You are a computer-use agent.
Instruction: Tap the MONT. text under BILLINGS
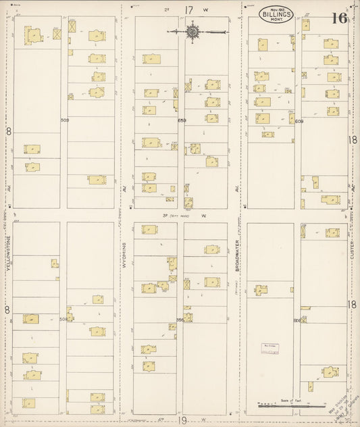[x=278, y=21]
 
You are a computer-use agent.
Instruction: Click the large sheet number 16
[x=338, y=18]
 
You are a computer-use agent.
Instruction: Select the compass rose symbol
[x=193, y=30]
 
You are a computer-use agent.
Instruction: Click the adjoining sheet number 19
[x=182, y=420]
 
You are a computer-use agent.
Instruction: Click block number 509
[x=64, y=120]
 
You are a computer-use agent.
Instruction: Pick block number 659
[x=181, y=120]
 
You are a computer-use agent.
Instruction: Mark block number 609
[x=299, y=122]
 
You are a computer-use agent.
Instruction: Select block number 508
[x=63, y=319]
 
